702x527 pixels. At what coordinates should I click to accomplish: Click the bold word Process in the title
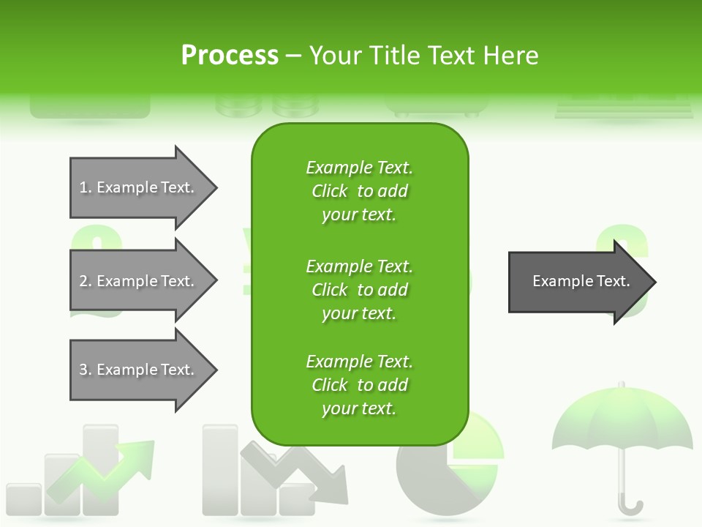tap(230, 56)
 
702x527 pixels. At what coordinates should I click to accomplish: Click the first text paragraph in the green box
tap(359, 191)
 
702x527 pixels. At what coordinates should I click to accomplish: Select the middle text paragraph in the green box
tap(359, 289)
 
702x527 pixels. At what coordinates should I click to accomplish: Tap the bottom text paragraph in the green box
tap(359, 385)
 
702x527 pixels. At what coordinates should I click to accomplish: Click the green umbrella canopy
tap(622, 425)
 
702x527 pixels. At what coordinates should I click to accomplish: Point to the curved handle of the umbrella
tap(630, 505)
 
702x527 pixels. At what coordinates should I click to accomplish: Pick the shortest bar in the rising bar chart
tap(23, 498)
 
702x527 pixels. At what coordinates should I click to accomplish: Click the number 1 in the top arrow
tap(83, 187)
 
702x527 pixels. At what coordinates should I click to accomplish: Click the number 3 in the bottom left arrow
tap(83, 370)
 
